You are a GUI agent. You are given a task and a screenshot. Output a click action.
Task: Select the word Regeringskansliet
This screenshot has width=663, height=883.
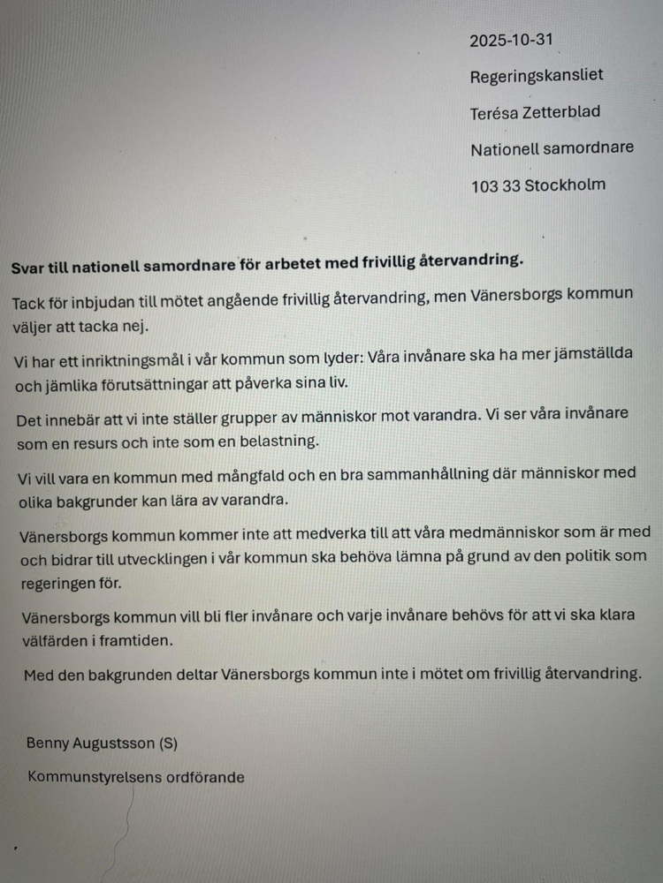coord(537,76)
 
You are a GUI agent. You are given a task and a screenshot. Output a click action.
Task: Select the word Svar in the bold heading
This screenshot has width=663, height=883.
coord(27,263)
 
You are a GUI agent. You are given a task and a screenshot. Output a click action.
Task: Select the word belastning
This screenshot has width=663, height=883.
coord(275,440)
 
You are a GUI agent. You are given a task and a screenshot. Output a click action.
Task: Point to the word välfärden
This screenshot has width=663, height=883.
coord(50,640)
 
